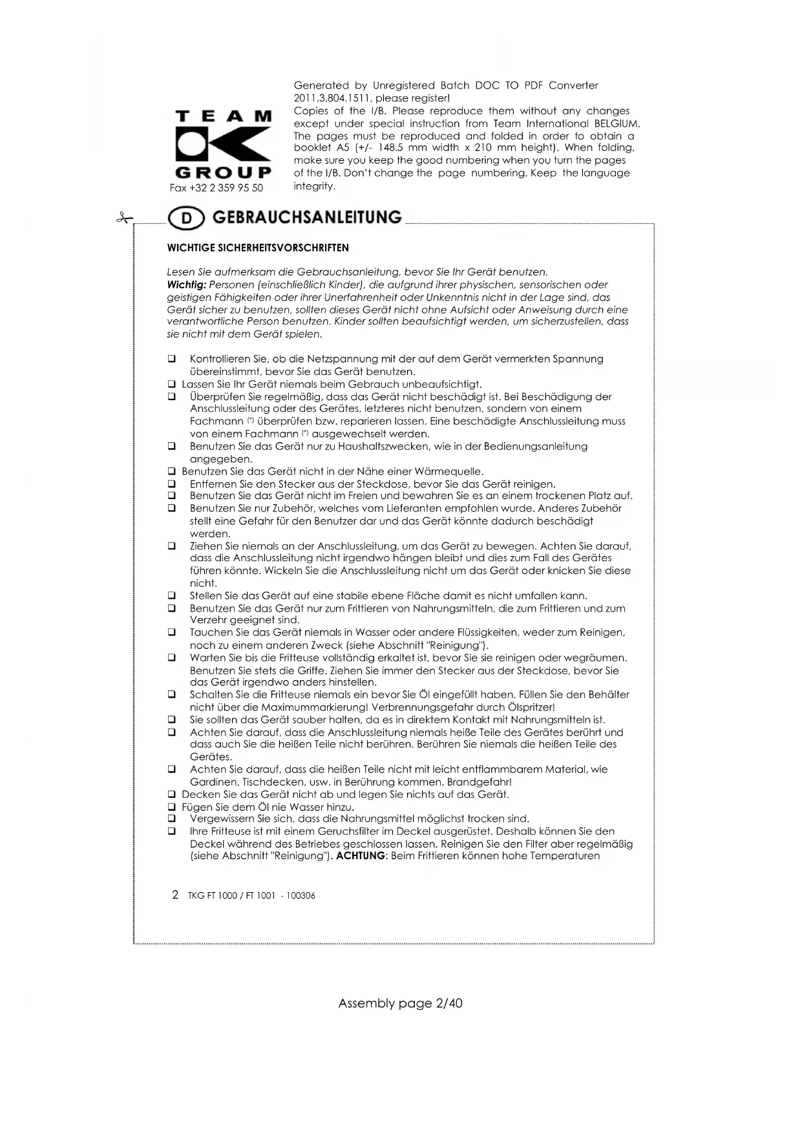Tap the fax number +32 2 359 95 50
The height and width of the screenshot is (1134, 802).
(x=216, y=188)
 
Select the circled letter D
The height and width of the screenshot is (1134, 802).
(x=186, y=219)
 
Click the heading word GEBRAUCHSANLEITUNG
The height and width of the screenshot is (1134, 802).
(x=306, y=217)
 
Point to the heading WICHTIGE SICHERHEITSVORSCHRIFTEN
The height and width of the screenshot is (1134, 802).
(x=258, y=248)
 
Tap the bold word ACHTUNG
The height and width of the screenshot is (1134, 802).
(x=361, y=856)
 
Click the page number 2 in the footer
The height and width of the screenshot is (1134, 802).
(x=175, y=895)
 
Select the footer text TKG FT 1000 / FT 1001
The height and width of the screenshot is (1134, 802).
(x=231, y=896)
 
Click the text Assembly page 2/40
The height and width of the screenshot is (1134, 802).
(x=400, y=1003)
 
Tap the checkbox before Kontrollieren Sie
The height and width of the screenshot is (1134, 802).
(x=172, y=359)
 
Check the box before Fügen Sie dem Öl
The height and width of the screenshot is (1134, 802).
(x=172, y=807)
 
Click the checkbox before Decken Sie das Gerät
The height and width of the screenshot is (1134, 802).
(x=172, y=795)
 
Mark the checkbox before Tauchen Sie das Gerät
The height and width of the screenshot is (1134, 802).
(x=172, y=632)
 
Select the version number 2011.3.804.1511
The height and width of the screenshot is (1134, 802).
(x=331, y=98)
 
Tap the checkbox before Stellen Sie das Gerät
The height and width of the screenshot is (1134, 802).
(x=172, y=595)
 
